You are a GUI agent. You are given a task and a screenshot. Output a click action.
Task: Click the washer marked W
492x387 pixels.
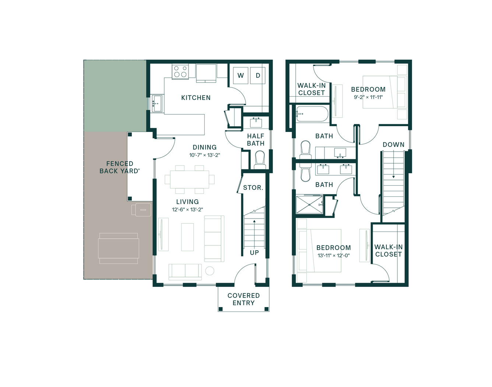(240, 76)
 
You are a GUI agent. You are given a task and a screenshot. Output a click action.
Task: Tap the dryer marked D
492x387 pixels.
(258, 76)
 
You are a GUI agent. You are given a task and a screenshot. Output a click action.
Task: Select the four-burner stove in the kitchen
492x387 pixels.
(180, 72)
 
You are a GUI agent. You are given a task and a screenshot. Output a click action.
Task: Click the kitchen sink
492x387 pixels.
(157, 104)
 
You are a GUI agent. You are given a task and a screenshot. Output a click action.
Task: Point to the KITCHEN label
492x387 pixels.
(196, 98)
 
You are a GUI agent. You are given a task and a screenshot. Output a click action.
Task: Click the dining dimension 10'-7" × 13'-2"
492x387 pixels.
(205, 155)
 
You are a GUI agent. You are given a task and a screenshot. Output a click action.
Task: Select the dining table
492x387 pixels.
(190, 179)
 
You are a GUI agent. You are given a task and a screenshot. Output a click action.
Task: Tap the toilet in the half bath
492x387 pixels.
(260, 160)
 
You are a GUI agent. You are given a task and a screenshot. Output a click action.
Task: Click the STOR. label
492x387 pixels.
(253, 188)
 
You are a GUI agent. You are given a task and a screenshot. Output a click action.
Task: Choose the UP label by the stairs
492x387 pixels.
(254, 252)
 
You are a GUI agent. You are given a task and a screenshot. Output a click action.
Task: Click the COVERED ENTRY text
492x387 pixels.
(244, 299)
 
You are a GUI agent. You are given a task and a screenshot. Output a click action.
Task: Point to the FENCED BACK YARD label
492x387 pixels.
(120, 167)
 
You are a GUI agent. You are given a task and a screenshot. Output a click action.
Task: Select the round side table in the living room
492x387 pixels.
(210, 271)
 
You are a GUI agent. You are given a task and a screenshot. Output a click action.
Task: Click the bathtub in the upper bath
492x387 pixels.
(312, 114)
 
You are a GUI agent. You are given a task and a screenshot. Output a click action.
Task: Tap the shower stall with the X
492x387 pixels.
(309, 205)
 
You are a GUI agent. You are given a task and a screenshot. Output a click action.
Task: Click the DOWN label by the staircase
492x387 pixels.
(394, 144)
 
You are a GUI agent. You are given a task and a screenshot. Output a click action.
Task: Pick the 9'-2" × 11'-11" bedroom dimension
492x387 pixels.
(368, 97)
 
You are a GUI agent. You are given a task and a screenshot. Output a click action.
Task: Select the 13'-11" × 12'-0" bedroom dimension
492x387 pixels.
(334, 255)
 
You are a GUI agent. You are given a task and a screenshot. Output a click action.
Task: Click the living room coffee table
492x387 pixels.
(187, 237)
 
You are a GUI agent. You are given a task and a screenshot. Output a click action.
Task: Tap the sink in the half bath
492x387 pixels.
(256, 123)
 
